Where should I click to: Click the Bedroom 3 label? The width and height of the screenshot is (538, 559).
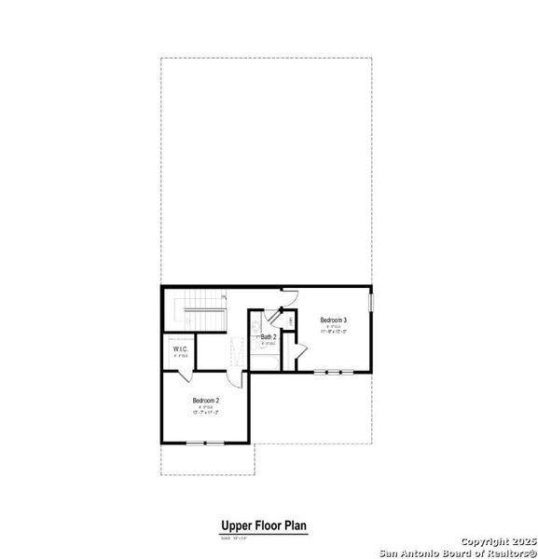334,320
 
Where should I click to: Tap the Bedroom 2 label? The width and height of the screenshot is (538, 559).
206,400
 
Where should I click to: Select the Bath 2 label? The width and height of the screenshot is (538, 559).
268,336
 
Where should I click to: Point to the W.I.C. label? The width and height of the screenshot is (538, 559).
180,349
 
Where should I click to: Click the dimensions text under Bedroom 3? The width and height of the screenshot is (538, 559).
334,332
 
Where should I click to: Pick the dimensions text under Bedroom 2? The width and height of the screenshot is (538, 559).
206,412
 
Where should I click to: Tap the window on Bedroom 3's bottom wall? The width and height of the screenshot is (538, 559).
333,371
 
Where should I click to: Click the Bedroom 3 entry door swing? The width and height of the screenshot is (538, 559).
290,295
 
